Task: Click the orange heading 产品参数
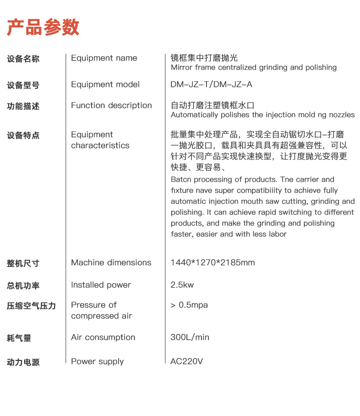pyautogui.click(x=43, y=27)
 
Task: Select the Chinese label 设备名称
pyautogui.click(x=23, y=59)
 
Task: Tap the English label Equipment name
pyautogui.click(x=104, y=58)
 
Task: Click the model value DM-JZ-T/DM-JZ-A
pyautogui.click(x=211, y=84)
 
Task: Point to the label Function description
pyautogui.click(x=111, y=105)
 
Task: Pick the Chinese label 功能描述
pyautogui.click(x=23, y=106)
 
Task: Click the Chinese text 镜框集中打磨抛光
pyautogui.click(x=204, y=58)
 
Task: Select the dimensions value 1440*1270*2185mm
pyautogui.click(x=212, y=262)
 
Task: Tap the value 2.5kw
pyautogui.click(x=182, y=285)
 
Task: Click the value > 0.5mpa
pyautogui.click(x=189, y=305)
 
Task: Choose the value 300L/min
pyautogui.click(x=190, y=337)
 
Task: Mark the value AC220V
pyautogui.click(x=186, y=361)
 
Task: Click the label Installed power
pyautogui.click(x=101, y=285)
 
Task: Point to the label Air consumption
pyautogui.click(x=103, y=337)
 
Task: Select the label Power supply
pyautogui.click(x=97, y=361)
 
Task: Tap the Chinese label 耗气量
pyautogui.click(x=19, y=338)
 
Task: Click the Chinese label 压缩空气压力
pyautogui.click(x=31, y=306)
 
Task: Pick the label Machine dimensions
pyautogui.click(x=111, y=262)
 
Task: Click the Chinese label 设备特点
pyautogui.click(x=23, y=135)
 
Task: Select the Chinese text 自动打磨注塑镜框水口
pyautogui.click(x=212, y=105)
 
